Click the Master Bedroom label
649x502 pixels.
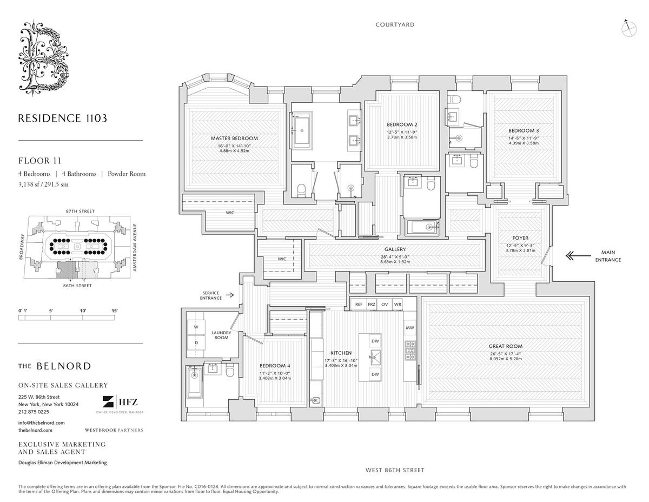coord(234,138)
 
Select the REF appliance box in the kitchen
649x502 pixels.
coord(359,305)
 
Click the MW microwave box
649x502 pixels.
coord(410,328)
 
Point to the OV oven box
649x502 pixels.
coord(385,305)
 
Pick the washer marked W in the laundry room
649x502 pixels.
coord(196,327)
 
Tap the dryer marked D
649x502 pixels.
coord(196,343)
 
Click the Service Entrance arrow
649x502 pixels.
coord(231,295)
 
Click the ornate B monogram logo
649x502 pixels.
coord(45,59)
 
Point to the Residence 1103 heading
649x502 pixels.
coord(59,118)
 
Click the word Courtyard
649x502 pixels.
coord(395,25)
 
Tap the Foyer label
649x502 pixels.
coord(520,237)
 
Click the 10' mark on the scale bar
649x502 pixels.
coord(83,311)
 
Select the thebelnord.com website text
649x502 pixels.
coord(35,430)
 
